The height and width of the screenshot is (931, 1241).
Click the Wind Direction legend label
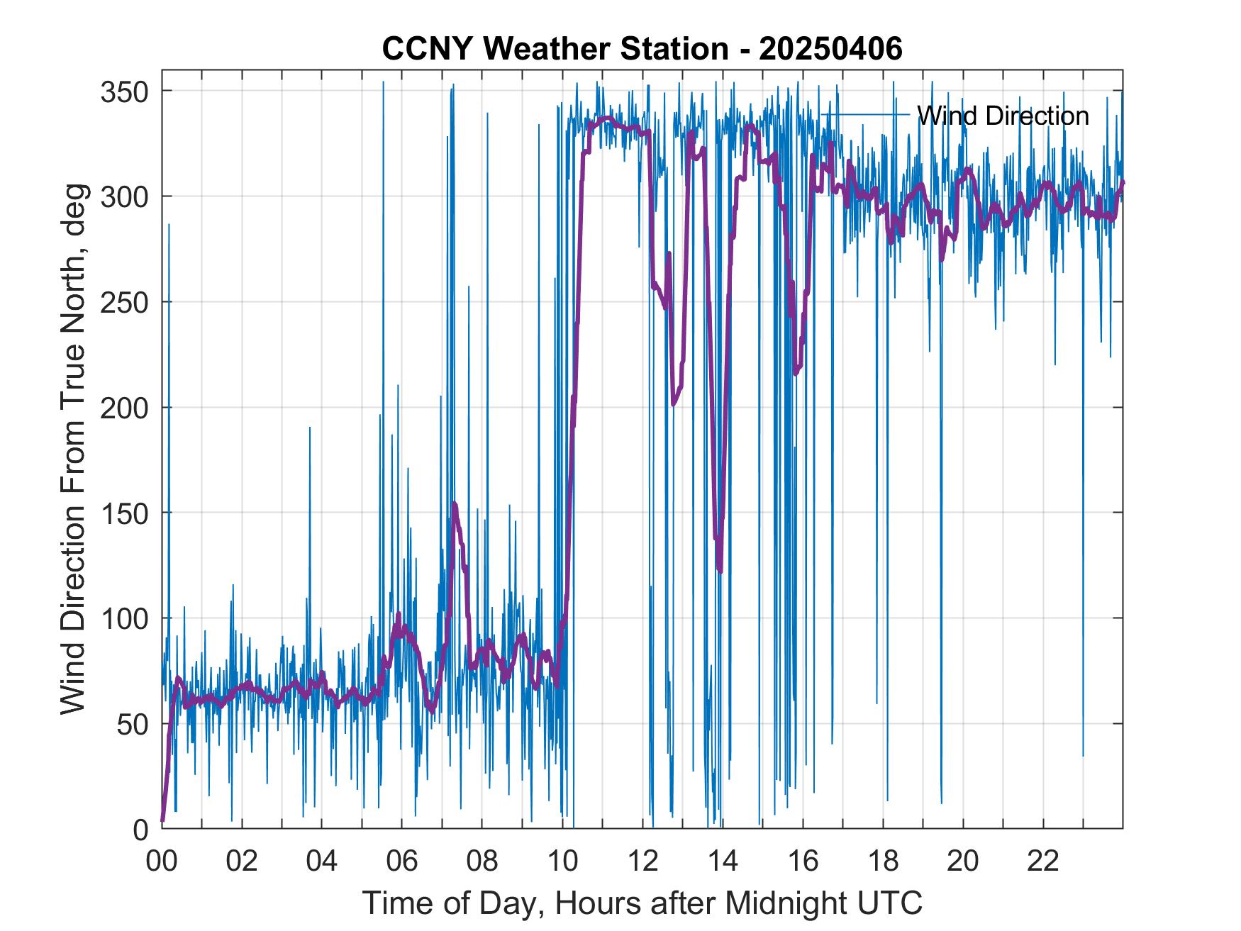click(1003, 116)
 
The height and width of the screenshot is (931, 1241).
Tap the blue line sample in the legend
click(865, 114)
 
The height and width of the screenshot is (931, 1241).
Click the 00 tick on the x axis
click(162, 862)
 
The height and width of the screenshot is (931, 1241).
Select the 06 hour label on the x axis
click(402, 862)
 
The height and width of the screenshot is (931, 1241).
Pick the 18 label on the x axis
click(883, 862)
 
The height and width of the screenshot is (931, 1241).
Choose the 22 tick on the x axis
click(1043, 862)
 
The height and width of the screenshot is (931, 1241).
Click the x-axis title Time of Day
click(642, 903)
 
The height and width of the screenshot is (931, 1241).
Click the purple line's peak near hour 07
click(454, 504)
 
